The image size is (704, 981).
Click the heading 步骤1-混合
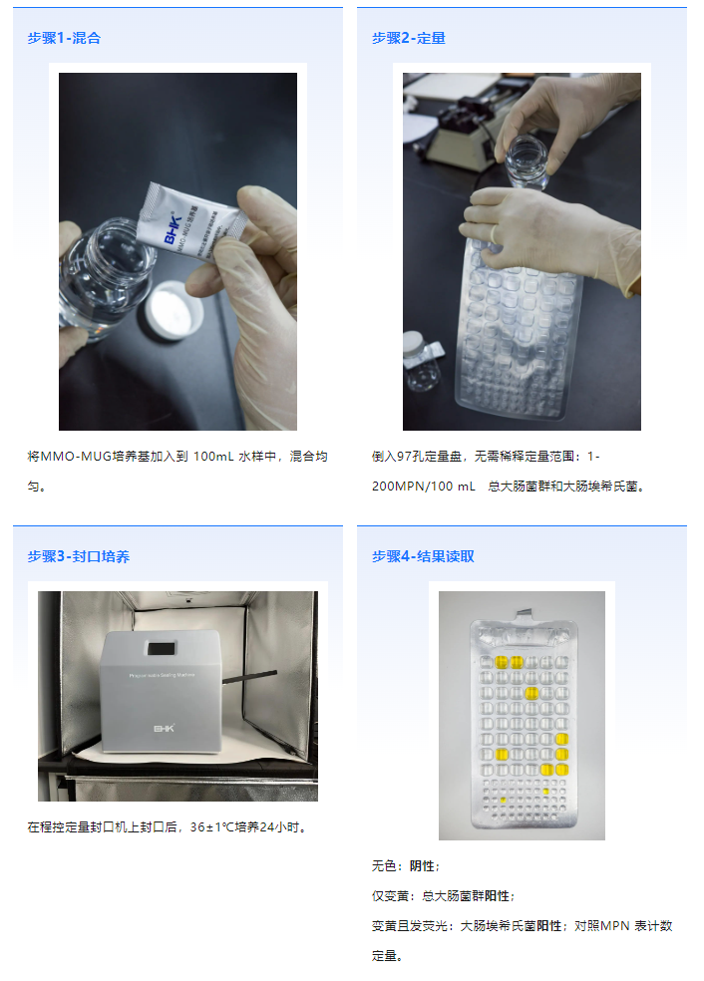(x=64, y=38)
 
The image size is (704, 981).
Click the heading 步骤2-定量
(x=409, y=38)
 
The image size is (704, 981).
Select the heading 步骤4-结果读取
(x=423, y=556)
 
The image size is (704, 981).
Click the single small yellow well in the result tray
(x=504, y=800)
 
